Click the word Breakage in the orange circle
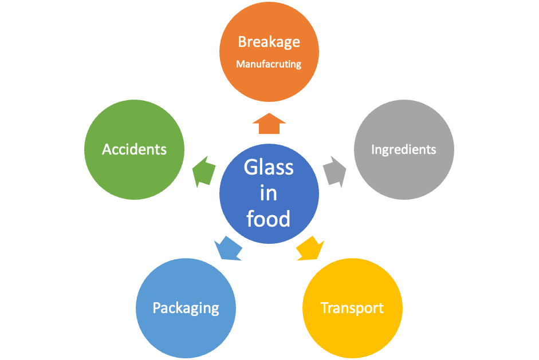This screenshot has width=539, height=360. click(269, 42)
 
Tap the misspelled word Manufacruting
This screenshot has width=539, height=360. click(269, 64)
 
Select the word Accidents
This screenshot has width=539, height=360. click(134, 149)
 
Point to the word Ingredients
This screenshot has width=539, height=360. click(404, 150)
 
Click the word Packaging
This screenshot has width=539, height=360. click(186, 308)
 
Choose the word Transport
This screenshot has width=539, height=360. click(352, 308)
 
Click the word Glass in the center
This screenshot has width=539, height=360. click(269, 168)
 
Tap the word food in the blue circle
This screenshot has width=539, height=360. click(269, 218)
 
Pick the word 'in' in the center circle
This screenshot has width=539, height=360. click(269, 193)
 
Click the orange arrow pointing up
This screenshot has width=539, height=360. click(269, 123)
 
